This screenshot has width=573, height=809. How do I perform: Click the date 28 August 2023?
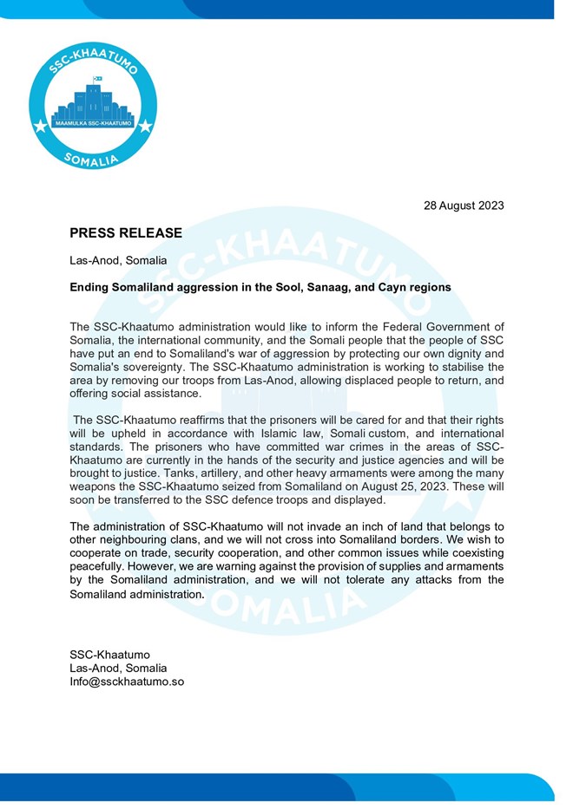click(463, 206)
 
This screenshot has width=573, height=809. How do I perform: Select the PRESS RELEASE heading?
click(126, 233)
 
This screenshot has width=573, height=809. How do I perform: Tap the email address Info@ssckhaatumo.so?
click(127, 682)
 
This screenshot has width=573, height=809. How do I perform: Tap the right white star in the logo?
click(145, 127)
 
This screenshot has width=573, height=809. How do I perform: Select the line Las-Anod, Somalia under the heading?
click(118, 260)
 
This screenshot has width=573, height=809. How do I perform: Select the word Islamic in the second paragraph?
click(263, 433)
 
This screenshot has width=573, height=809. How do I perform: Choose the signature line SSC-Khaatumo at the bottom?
click(109, 654)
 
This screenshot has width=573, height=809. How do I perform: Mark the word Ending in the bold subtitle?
click(89, 287)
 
